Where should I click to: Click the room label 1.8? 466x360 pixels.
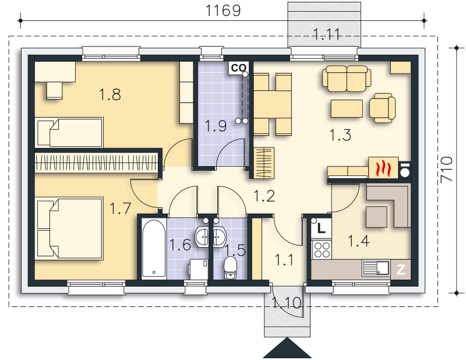pos(110,94)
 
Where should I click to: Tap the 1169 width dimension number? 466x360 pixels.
pos(223,10)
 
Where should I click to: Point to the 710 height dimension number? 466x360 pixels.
pos(447,170)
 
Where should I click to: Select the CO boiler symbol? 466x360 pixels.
pos(238,68)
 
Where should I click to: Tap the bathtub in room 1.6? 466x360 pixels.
pos(153,249)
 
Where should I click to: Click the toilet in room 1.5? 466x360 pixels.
pos(230,268)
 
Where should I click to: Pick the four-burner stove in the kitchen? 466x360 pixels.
pos(322,249)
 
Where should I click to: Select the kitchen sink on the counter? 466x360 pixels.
pos(376,268)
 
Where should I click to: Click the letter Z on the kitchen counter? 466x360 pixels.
pos(401,269)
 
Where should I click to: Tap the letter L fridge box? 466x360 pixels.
pos(321,228)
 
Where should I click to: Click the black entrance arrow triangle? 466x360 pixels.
pos(287,348)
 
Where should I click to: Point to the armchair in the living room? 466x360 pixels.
pos(383,108)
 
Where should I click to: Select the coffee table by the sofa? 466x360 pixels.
pos(347,108)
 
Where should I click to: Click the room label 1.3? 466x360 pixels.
pos(340,135)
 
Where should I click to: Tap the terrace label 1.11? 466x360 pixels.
pos(326,34)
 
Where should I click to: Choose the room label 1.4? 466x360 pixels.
pos(358,241)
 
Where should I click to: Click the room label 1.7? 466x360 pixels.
pos(121,209)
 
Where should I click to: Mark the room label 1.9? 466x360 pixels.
pos(216,126)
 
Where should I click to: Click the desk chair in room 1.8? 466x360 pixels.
pos(54,90)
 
